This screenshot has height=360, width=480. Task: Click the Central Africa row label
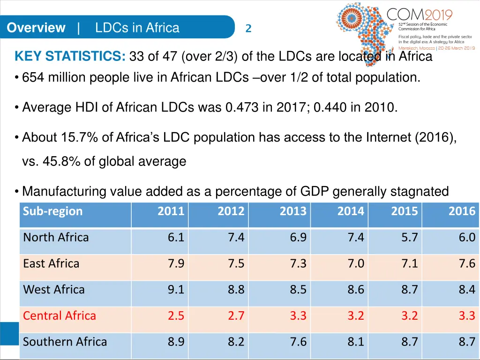(x=60, y=315)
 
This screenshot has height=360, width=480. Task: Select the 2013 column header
(x=293, y=211)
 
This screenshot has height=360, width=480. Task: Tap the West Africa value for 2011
(x=176, y=289)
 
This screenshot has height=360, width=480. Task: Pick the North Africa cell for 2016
(x=467, y=237)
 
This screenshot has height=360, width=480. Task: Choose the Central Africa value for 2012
(x=236, y=315)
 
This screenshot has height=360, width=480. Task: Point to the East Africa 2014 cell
(x=356, y=263)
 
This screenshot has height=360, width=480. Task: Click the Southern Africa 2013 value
(x=298, y=342)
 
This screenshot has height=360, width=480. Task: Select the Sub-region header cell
(x=53, y=211)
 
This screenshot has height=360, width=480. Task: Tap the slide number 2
(x=248, y=29)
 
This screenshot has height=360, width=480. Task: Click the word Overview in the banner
(x=36, y=28)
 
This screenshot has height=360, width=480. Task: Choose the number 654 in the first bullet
(x=32, y=77)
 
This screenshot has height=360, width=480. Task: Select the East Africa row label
(x=51, y=263)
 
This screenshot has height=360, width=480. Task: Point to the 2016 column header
(x=462, y=211)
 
